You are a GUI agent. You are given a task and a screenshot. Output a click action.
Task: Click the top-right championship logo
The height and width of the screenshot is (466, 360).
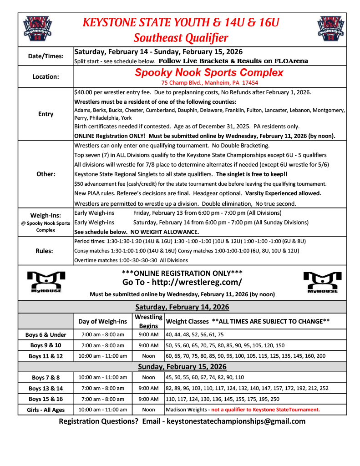[x=331, y=28]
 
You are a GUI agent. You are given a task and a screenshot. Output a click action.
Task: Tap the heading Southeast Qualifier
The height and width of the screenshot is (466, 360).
[x=181, y=37]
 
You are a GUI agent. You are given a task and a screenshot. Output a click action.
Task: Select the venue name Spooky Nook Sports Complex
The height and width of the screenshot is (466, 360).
[x=209, y=72]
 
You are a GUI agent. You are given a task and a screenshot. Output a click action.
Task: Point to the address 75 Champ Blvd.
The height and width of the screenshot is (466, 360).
[x=210, y=83]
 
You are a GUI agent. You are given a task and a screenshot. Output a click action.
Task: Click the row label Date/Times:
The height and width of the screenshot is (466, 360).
[x=46, y=56]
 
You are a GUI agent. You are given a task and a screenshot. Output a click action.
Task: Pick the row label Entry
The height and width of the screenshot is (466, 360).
[x=46, y=114]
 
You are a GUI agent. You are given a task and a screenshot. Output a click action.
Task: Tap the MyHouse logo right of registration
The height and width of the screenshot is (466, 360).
[x=320, y=282]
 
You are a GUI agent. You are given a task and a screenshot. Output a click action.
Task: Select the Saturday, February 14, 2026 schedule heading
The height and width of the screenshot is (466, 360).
[x=182, y=307]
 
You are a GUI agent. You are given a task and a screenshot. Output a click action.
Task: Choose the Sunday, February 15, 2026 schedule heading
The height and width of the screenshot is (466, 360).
[x=182, y=366]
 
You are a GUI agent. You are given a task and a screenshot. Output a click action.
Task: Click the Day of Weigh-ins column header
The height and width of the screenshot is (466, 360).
[x=102, y=321]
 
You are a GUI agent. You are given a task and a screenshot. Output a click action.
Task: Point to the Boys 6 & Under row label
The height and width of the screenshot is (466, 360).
[x=46, y=334]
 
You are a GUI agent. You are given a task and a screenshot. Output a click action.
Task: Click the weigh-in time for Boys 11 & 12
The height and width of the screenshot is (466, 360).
[x=102, y=356]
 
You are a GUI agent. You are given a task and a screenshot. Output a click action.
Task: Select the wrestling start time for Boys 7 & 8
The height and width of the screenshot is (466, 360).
[x=148, y=377]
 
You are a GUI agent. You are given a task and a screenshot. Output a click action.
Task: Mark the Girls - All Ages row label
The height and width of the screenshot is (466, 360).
[x=46, y=410]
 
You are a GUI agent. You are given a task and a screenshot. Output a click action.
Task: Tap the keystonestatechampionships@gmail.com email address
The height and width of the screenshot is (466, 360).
[x=236, y=421]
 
